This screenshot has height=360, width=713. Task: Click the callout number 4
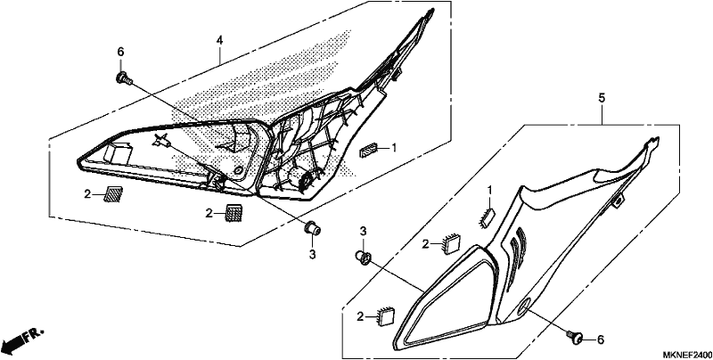point(219,40)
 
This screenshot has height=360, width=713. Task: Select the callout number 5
point(602,98)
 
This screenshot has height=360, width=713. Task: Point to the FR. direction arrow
point(22,339)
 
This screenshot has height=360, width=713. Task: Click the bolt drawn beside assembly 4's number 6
point(124,79)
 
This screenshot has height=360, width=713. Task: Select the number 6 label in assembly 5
point(600,340)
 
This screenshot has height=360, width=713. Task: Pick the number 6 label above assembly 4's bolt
point(120,53)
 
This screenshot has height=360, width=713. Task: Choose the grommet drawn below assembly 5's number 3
point(364,258)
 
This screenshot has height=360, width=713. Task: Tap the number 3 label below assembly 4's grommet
point(313,255)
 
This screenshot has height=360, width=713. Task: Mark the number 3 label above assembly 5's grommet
point(364,231)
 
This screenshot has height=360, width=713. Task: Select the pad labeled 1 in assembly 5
point(488,217)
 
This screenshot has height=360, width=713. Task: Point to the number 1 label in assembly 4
point(394,148)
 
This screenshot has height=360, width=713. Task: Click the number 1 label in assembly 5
point(489,189)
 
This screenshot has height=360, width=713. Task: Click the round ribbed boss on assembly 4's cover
point(304,179)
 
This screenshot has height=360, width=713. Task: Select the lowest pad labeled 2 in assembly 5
point(387,316)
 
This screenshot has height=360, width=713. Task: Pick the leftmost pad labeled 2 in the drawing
point(113,194)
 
